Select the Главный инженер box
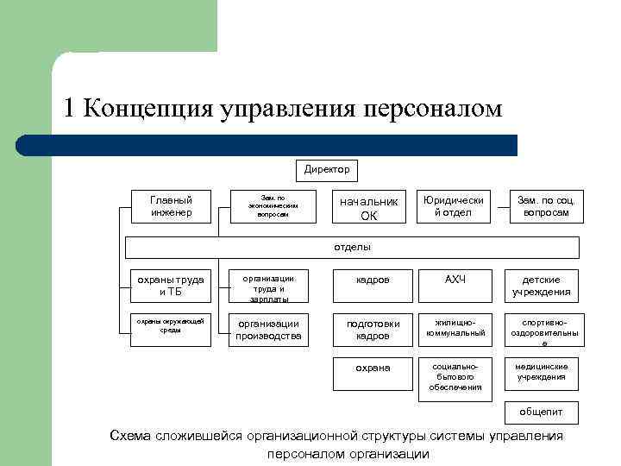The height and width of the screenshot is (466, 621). [171, 205]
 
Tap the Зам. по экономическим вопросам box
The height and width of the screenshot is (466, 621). [273, 205]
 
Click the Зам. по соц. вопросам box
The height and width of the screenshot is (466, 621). [543, 205]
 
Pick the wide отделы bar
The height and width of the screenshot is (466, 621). [353, 247]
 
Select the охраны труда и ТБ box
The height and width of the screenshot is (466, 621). [171, 286]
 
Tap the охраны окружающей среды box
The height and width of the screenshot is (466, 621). [171, 329]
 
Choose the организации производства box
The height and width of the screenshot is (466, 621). [269, 329]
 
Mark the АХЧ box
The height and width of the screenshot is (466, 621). [454, 280]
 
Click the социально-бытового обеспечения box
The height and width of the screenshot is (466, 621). [454, 376]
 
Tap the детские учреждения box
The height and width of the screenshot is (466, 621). [543, 286]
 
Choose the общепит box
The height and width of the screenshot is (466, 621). [543, 411]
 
